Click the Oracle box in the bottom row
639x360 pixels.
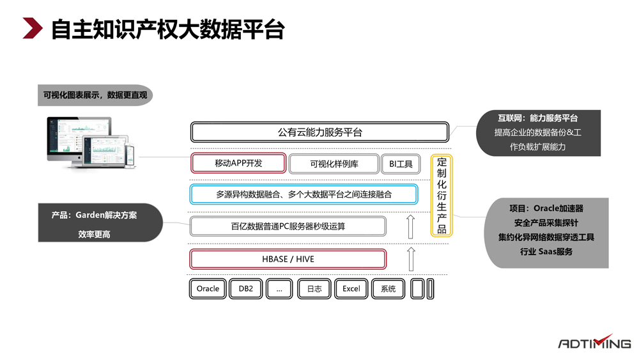pyautogui.click(x=208, y=288)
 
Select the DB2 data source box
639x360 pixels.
pyautogui.click(x=246, y=288)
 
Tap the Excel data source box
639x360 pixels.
pyautogui.click(x=351, y=288)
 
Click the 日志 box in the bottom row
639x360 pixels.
pyautogui.click(x=314, y=288)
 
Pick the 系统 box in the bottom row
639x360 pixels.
pyautogui.click(x=389, y=288)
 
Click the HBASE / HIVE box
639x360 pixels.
pyautogui.click(x=288, y=259)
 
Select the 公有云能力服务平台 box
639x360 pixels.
pyautogui.click(x=319, y=132)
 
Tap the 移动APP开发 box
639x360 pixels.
pyautogui.click(x=238, y=163)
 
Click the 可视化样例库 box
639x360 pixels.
pyautogui.click(x=334, y=164)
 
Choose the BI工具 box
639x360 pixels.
pyautogui.click(x=401, y=164)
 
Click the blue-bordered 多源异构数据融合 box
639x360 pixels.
pyautogui.click(x=304, y=194)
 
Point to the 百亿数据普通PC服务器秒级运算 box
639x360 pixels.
pyautogui.click(x=288, y=226)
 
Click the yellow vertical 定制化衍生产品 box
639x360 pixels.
pyautogui.click(x=442, y=196)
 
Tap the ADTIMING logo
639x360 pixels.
pyautogui.click(x=594, y=342)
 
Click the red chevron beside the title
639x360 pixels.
pyautogui.click(x=32, y=29)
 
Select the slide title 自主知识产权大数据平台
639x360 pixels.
pyautogui.click(x=167, y=29)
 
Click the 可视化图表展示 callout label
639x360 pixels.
pyautogui.click(x=95, y=95)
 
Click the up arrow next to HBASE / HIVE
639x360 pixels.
pyautogui.click(x=411, y=259)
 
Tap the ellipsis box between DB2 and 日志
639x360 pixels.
pyautogui.click(x=279, y=288)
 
